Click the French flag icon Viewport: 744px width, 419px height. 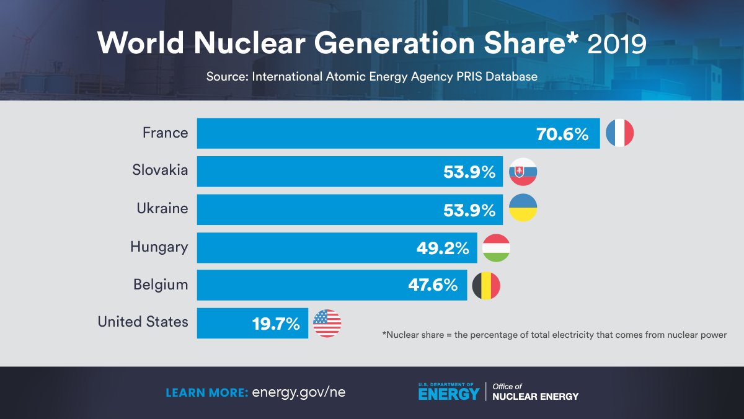point(619,133)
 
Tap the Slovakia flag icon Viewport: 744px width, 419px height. point(523,172)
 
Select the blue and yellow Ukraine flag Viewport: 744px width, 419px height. point(523,209)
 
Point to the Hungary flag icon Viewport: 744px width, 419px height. point(496,248)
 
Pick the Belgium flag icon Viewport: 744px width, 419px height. point(486,285)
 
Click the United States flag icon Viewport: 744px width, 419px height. point(327,323)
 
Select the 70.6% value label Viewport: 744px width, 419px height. point(562,134)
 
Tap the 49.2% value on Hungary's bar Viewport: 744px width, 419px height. point(443,249)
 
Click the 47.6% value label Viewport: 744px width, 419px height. point(433,286)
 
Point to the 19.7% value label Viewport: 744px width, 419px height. point(276,324)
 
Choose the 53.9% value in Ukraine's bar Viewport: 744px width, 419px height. point(469,210)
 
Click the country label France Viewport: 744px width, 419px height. point(165,133)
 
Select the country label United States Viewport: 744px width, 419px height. point(143,322)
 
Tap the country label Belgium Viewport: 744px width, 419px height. point(160,284)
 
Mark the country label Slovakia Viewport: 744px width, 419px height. point(160,170)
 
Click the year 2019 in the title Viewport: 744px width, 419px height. point(616,44)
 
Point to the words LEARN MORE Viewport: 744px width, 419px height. point(207,392)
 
